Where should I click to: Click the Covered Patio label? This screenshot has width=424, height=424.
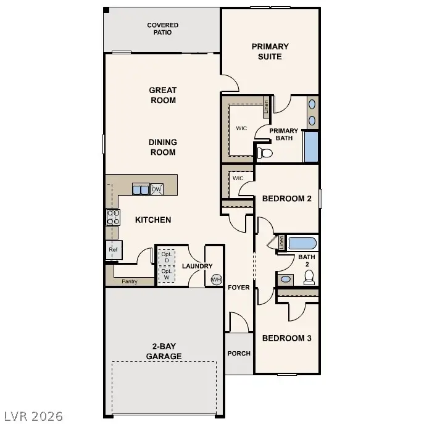(163, 28)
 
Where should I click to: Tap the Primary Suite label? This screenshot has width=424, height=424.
(270, 51)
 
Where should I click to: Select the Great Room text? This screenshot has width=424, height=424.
(163, 95)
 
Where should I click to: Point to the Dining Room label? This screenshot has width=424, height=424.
(163, 147)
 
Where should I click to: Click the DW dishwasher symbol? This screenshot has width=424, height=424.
(156, 189)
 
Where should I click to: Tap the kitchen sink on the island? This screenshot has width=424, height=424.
(141, 190)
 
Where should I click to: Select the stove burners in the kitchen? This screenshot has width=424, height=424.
(114, 217)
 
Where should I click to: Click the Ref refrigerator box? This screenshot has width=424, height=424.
(114, 250)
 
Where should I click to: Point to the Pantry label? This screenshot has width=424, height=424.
(129, 281)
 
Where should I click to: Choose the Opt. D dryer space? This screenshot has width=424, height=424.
(165, 257)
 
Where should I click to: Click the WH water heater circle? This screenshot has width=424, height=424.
(216, 279)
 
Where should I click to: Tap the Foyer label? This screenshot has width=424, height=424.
(239, 288)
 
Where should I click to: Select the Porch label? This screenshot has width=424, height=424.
(239, 354)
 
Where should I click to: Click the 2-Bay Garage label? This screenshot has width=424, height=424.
(164, 351)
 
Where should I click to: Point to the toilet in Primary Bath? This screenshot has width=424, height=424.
(264, 151)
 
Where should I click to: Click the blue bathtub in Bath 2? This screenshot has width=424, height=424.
(302, 242)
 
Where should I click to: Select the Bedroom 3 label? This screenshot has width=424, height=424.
(286, 338)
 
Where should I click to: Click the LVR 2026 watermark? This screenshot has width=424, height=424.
(33, 416)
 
